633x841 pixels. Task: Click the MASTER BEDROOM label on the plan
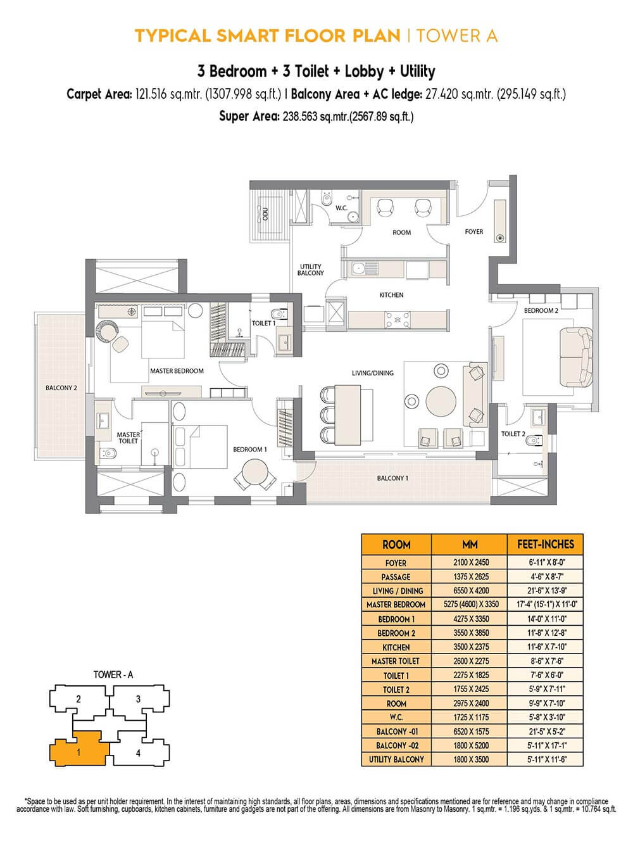pos(177,370)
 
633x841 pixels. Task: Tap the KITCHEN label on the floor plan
pos(391,294)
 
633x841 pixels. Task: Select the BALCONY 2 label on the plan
pos(61,388)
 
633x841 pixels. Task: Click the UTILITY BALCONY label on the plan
pos(310,270)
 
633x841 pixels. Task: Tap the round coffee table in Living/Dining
pos(441,400)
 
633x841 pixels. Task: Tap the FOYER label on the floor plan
pos(473,232)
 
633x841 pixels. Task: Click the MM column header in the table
pos(469,544)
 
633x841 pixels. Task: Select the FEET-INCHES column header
pos(545,544)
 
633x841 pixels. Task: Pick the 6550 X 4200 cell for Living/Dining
pos(469,590)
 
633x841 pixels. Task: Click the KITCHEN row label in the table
pos(396,647)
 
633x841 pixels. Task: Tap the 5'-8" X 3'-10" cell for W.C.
pos(545,718)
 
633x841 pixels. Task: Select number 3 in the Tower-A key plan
pos(138,699)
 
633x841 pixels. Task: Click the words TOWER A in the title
pos(456,35)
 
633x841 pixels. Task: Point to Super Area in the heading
pos(248,116)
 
